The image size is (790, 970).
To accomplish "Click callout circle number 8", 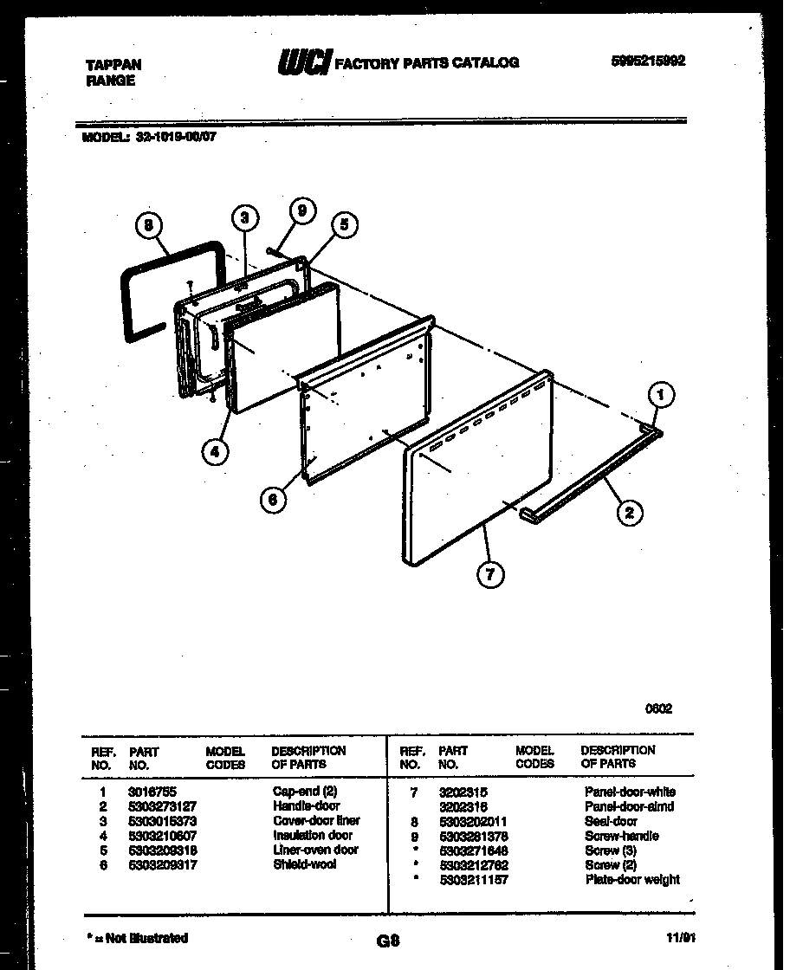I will tap(150, 225).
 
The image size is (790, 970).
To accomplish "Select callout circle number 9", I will tap(302, 210).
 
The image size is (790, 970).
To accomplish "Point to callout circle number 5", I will tap(344, 225).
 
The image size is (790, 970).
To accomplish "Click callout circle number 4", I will tap(215, 451).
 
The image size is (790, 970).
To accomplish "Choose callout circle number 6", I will tap(273, 500).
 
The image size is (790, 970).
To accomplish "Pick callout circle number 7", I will tap(490, 572).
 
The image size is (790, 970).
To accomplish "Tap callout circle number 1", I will tap(661, 396).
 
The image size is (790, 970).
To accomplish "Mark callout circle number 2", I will tap(629, 513).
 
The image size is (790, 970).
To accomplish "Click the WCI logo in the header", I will tap(303, 62).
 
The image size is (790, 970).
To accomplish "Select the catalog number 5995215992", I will tap(648, 61).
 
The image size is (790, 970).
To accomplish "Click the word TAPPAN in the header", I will tap(113, 65).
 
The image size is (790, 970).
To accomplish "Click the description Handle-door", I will tap(306, 806).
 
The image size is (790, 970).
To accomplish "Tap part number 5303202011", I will tap(473, 821).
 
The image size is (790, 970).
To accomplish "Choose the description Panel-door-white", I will tap(630, 792).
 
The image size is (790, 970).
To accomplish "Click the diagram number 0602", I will tap(658, 708).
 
